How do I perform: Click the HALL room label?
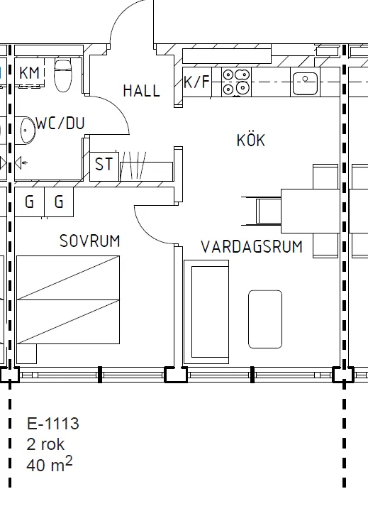141,91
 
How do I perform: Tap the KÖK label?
250,141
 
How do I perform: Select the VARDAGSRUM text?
252,247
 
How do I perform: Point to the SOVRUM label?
89,241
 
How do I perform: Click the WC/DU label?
60,123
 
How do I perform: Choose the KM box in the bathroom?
29,73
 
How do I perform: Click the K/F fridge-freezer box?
196,82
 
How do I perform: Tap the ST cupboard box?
104,164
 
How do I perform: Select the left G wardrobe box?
29,202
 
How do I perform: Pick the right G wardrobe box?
59,202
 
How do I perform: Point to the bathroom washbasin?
28,131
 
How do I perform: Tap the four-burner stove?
236,82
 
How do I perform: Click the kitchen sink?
305,83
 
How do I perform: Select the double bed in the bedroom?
68,300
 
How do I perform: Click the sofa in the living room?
206,311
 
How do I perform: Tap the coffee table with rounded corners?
265,319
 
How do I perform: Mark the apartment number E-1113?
53,424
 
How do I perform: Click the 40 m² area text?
50,465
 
